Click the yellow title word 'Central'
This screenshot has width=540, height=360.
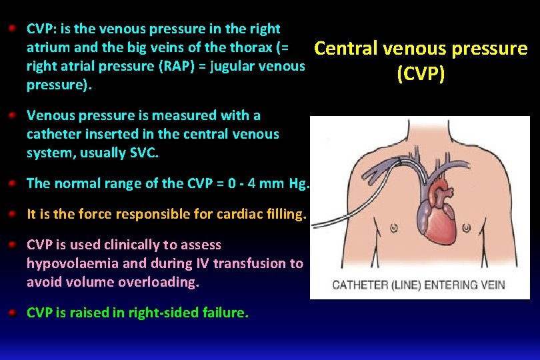[345, 48]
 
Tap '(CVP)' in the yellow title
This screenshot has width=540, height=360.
[421, 73]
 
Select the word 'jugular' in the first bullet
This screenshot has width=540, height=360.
[233, 67]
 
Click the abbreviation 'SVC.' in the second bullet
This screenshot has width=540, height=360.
[144, 153]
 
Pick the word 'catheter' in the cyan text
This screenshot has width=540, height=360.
[53, 134]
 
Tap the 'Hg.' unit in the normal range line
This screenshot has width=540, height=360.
[299, 183]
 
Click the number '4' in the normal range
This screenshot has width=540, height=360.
[251, 183]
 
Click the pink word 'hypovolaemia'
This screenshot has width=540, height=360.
[73, 263]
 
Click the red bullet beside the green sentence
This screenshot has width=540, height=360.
[13, 313]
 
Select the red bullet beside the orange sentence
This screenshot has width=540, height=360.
[13, 214]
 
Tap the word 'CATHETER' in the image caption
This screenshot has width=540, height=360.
[360, 285]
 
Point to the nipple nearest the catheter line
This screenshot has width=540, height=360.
[394, 228]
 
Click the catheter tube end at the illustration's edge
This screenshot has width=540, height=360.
[312, 225]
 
